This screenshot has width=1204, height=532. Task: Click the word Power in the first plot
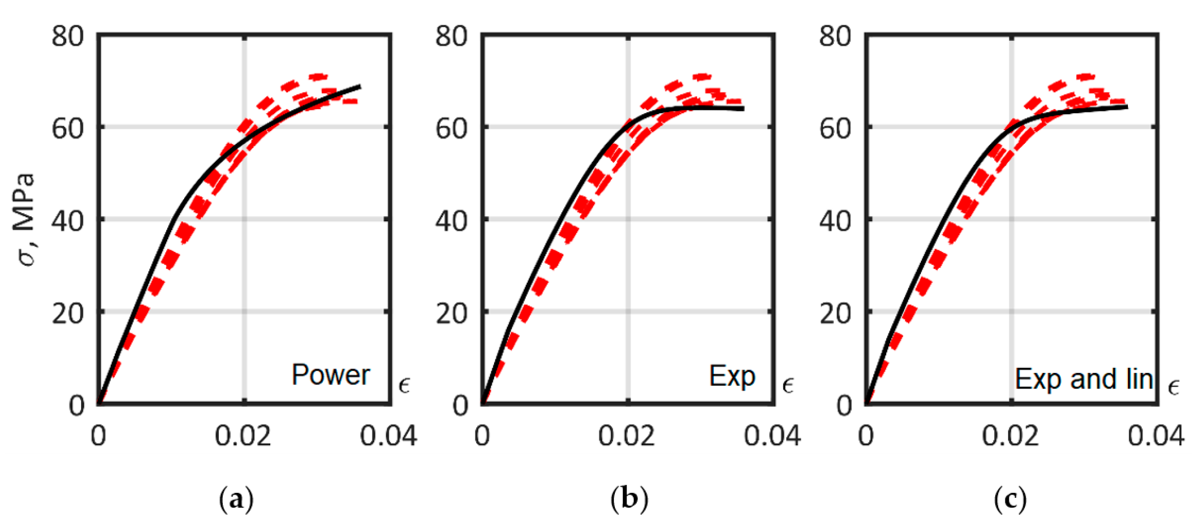pyautogui.click(x=331, y=375)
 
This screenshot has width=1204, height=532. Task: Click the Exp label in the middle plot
pyautogui.click(x=732, y=376)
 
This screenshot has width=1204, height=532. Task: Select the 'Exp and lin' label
pyautogui.click(x=1084, y=379)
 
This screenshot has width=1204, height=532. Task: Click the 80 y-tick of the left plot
pyautogui.click(x=68, y=36)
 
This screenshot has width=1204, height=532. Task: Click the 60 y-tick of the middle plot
pyautogui.click(x=451, y=128)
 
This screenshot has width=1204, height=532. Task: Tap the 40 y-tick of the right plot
pyautogui.click(x=835, y=221)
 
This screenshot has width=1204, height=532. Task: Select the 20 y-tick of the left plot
pyautogui.click(x=68, y=313)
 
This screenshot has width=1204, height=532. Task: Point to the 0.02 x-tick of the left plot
pyautogui.click(x=243, y=436)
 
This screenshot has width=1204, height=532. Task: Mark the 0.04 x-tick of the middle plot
pyautogui.click(x=772, y=436)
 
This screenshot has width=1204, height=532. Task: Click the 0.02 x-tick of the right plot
pyautogui.click(x=1010, y=436)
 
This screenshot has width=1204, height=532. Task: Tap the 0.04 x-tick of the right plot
pyautogui.click(x=1156, y=436)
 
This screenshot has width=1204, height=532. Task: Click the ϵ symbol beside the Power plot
pyautogui.click(x=404, y=385)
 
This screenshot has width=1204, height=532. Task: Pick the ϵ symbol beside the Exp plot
pyautogui.click(x=788, y=385)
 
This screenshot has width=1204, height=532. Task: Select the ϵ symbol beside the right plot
pyautogui.click(x=1174, y=386)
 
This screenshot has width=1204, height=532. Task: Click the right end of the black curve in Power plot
pyautogui.click(x=359, y=87)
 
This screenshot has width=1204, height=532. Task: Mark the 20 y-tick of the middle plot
pyautogui.click(x=451, y=313)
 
